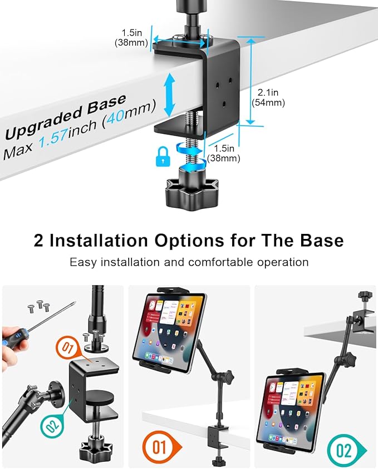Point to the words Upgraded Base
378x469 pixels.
tap(66, 117)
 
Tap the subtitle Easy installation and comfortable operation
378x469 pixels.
tap(189, 262)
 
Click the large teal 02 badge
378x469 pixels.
tap(343, 449)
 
